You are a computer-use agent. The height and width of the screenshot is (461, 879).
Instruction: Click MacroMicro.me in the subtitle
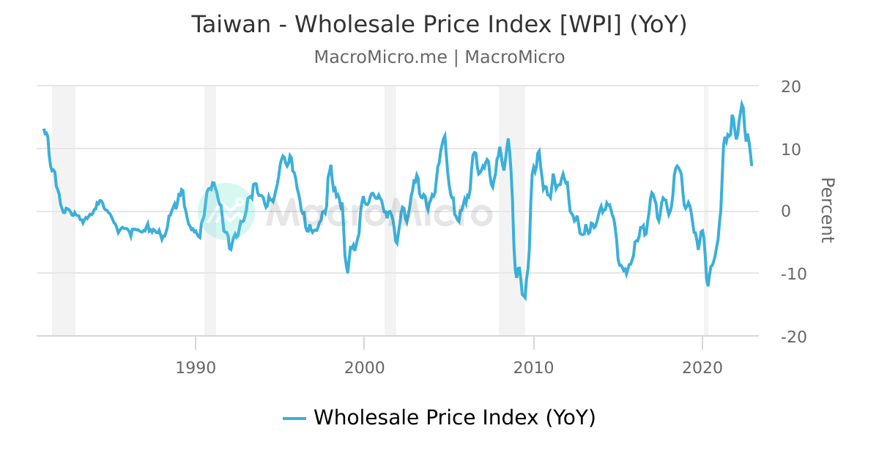click(380, 57)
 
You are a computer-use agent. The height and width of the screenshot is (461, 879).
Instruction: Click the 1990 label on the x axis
click(196, 367)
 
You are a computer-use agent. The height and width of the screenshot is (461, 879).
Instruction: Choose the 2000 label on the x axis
click(365, 367)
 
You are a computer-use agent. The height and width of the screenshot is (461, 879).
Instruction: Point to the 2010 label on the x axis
click(534, 367)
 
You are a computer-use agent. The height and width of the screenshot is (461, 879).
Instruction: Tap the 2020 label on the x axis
click(703, 367)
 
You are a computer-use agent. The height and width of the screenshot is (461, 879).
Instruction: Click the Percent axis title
click(826, 210)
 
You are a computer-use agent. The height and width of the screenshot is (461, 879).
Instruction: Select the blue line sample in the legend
click(294, 419)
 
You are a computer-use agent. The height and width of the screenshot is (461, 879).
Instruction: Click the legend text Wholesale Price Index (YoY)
click(454, 418)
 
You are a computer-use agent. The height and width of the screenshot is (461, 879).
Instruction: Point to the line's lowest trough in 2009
click(524, 299)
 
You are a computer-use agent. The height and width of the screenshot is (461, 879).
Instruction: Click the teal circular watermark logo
click(226, 211)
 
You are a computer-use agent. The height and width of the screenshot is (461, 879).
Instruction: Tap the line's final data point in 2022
click(752, 165)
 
